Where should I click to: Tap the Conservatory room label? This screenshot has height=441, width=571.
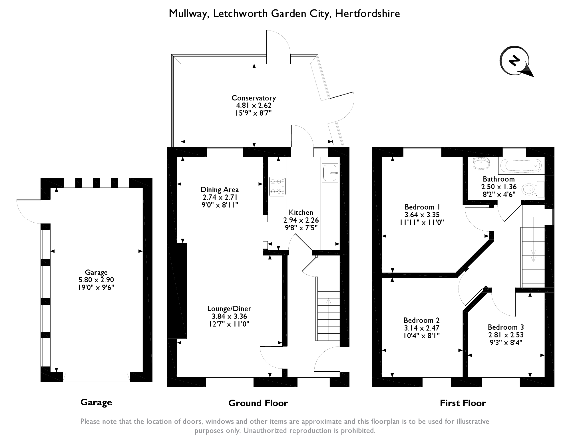click(254, 98)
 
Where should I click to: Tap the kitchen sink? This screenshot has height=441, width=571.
click(330, 172)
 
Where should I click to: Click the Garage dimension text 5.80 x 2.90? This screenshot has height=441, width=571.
click(96, 280)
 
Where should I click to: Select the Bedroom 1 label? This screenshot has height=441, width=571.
click(423, 207)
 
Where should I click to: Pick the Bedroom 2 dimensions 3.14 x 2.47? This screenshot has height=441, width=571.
click(421, 328)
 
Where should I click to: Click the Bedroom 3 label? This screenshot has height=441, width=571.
click(506, 327)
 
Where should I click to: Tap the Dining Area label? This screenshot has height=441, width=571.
click(220, 190)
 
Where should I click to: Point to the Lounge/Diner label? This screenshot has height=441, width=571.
click(229, 309)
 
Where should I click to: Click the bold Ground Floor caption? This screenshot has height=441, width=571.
click(258, 403)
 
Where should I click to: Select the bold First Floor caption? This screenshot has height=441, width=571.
click(463, 403)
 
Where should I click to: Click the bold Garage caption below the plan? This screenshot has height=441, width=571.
click(96, 402)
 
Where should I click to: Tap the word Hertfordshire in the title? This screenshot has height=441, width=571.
click(367, 13)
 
